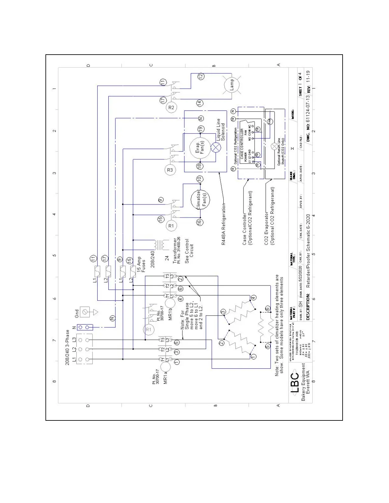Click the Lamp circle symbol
[x=231, y=84]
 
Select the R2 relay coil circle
[x=171, y=107]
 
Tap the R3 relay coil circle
[x=170, y=170]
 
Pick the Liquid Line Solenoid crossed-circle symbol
[x=216, y=147]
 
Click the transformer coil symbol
[x=160, y=245]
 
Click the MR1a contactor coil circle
[x=165, y=367]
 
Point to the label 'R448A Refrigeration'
[x=223, y=225]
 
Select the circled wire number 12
[x=201, y=76]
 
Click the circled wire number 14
[x=200, y=103]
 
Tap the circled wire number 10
[x=200, y=179]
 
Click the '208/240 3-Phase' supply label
[x=67, y=347]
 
